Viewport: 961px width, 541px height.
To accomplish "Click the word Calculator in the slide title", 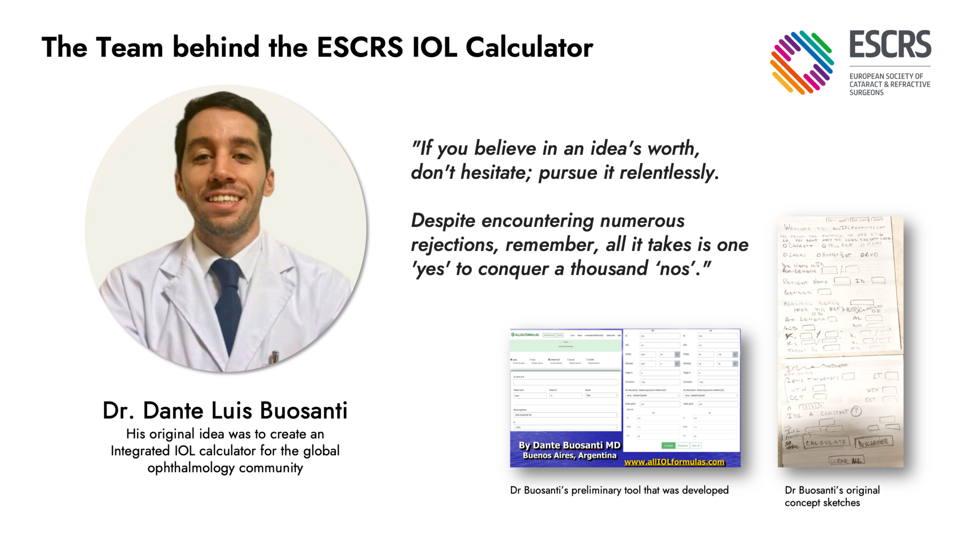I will coord(529,48).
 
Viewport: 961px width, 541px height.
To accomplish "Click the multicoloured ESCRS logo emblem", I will coord(802,63).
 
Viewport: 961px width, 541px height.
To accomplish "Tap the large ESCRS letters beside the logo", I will coord(890,45).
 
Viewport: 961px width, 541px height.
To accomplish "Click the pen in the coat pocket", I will coord(274,357).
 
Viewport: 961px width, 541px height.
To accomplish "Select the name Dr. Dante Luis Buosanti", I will coord(225,411).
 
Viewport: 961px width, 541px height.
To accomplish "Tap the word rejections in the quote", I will coord(453,245).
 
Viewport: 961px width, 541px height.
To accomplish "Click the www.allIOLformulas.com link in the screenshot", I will coord(674,462).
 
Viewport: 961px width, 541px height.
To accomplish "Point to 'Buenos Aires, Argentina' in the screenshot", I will coord(569,455).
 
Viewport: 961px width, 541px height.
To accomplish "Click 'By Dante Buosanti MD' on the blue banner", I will coord(569,445).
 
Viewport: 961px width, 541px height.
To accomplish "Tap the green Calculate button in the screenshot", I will coord(668,445).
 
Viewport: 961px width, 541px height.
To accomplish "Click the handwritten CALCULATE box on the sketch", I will coord(826,442).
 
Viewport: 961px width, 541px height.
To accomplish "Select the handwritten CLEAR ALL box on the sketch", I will coord(846,460).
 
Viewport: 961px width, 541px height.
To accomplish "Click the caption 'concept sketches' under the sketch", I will coord(822,503).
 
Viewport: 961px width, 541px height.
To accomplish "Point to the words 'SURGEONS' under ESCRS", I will coord(866,93).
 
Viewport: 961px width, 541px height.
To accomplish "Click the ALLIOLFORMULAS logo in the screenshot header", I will coord(525,335).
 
